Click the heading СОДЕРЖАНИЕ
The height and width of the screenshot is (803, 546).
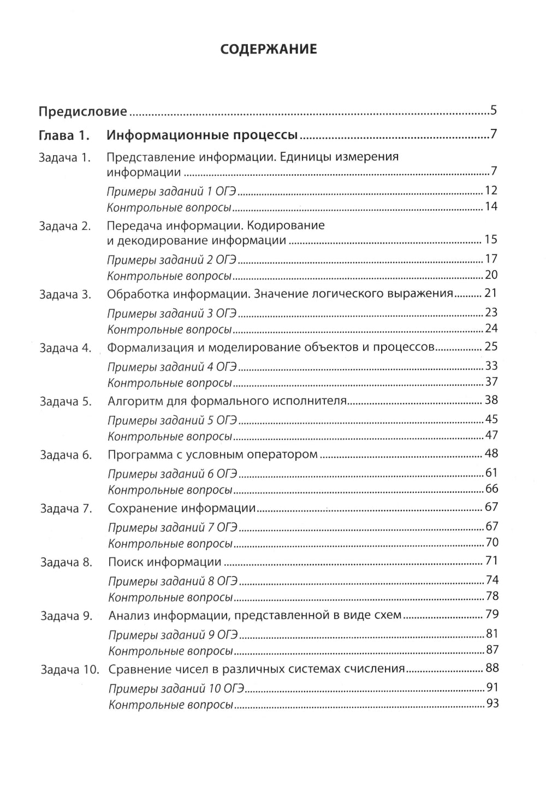(268, 49)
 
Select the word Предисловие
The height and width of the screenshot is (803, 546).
(82, 112)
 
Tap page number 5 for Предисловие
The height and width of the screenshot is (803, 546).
(493, 111)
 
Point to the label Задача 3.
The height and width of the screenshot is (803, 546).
(65, 294)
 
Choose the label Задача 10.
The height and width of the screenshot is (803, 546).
(69, 669)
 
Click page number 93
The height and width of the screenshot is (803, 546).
(492, 704)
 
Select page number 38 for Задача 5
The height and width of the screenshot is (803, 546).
(491, 400)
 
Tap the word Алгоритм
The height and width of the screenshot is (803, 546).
(132, 401)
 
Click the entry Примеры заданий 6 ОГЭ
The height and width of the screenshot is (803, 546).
(173, 473)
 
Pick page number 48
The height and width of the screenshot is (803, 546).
(491, 454)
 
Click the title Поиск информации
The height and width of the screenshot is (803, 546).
(164, 562)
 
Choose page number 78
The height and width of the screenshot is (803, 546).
(492, 597)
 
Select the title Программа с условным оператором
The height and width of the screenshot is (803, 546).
(212, 455)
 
